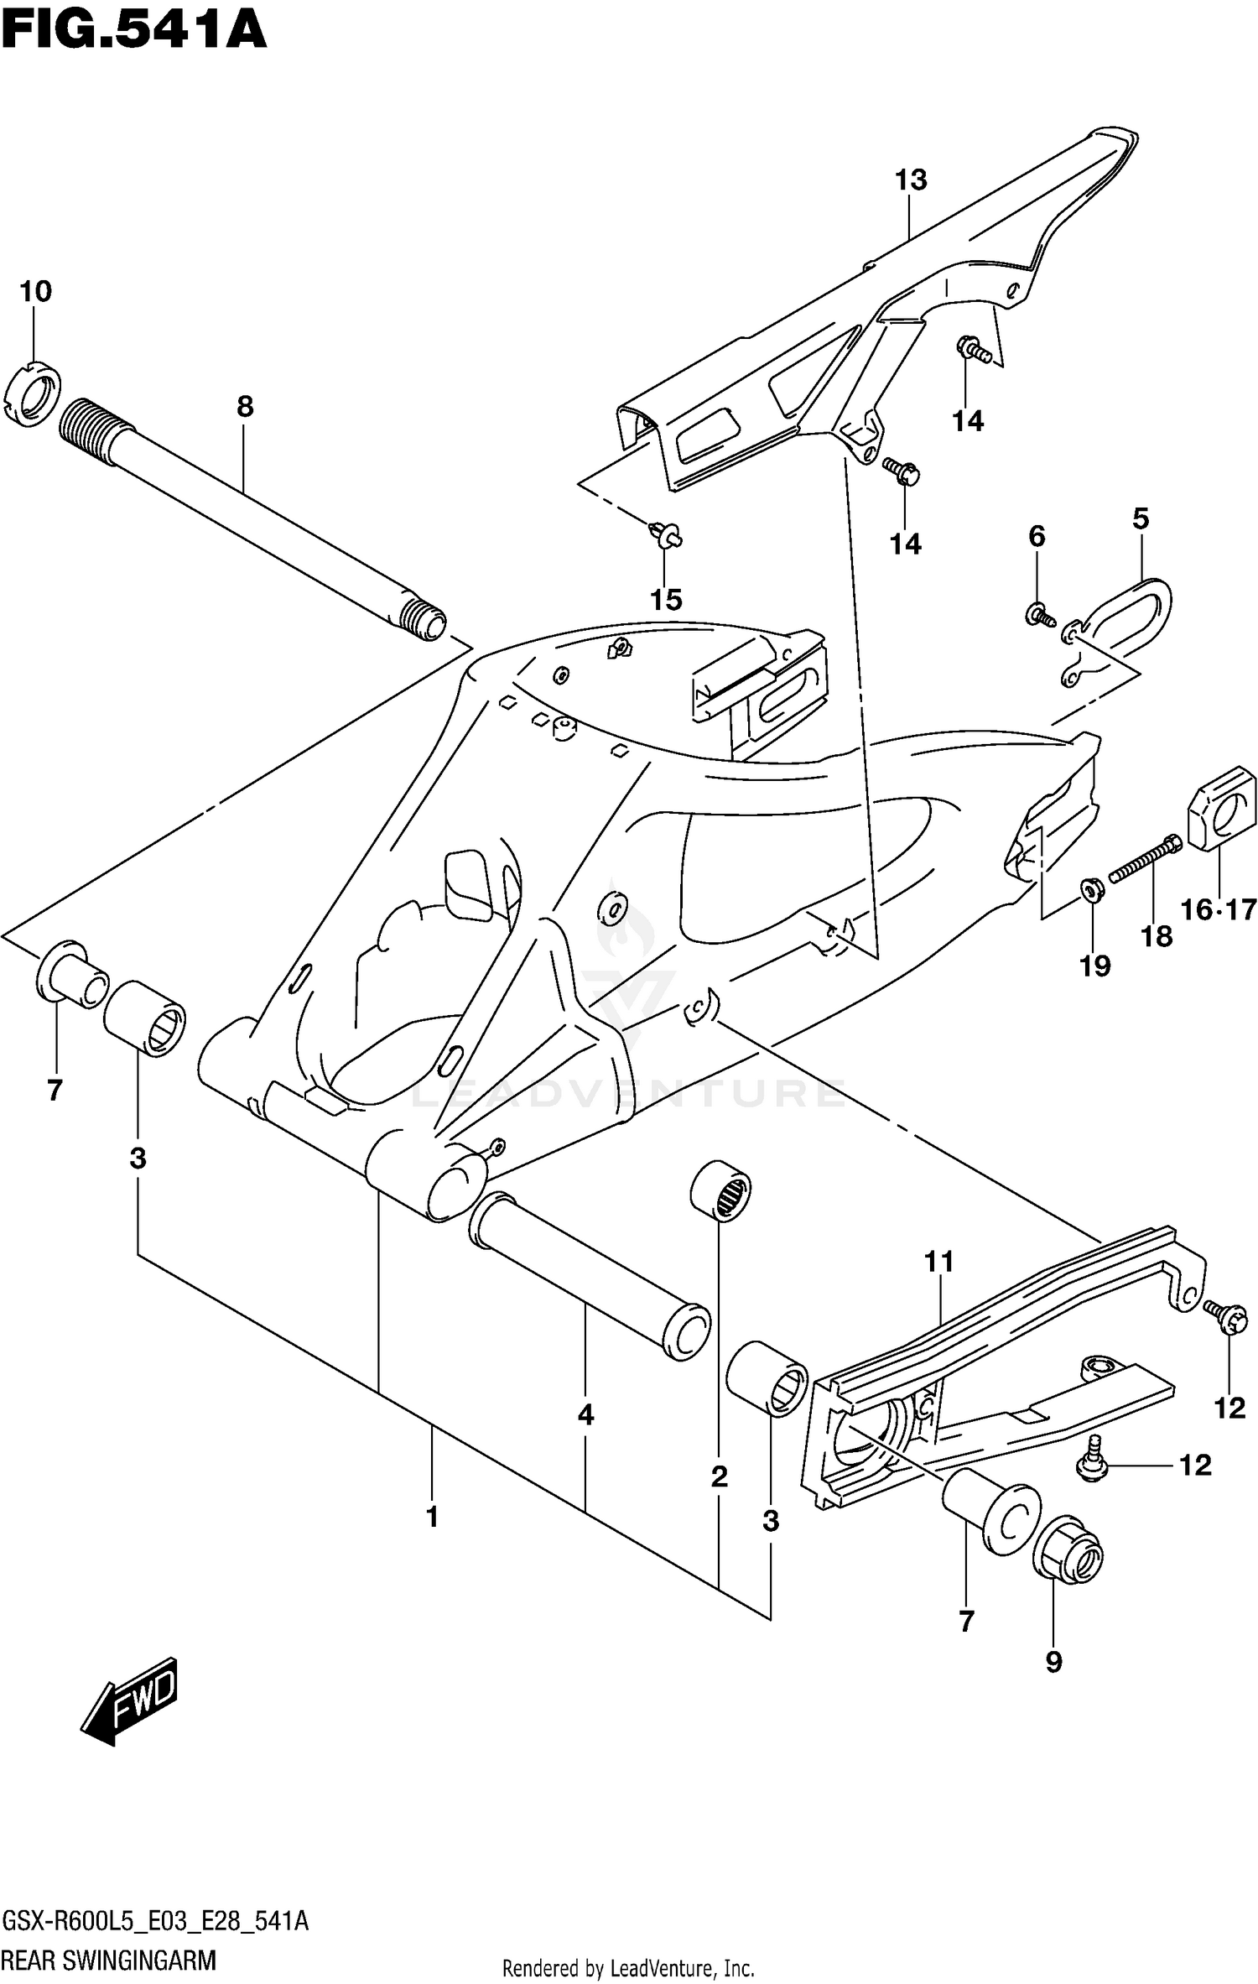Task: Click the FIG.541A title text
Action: (134, 32)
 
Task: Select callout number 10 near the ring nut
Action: (35, 292)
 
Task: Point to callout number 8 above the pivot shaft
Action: (244, 407)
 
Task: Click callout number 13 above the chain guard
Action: (911, 180)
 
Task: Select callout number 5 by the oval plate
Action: (1141, 518)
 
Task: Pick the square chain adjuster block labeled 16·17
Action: (1222, 809)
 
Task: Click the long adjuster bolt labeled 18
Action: (1145, 857)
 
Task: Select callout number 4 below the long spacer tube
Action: (585, 1414)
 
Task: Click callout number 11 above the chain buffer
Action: (939, 1262)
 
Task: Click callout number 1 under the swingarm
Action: (432, 1516)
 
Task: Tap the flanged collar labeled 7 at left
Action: (70, 972)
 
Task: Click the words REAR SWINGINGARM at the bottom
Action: (110, 1961)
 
